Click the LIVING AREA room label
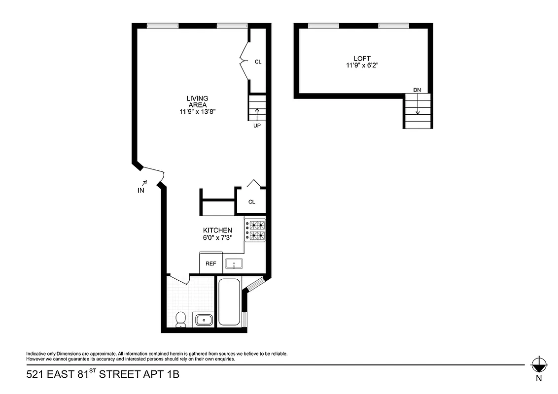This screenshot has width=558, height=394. (x=197, y=101)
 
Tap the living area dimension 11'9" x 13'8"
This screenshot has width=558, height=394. (x=198, y=112)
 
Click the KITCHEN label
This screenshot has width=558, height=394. (x=217, y=230)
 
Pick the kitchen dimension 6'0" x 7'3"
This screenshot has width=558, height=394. (x=217, y=237)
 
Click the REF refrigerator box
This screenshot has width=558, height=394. (x=210, y=263)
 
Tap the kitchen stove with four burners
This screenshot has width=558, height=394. (x=255, y=230)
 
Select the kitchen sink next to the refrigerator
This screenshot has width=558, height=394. (x=234, y=264)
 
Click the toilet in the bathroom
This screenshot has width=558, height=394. (x=181, y=319)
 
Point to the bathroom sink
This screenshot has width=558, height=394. (x=203, y=320)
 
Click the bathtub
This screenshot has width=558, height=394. (x=229, y=302)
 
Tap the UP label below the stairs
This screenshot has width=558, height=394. (x=256, y=126)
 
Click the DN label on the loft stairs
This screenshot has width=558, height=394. (x=417, y=90)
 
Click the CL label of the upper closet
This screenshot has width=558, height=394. (x=258, y=62)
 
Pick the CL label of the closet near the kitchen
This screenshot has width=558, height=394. (x=251, y=202)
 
